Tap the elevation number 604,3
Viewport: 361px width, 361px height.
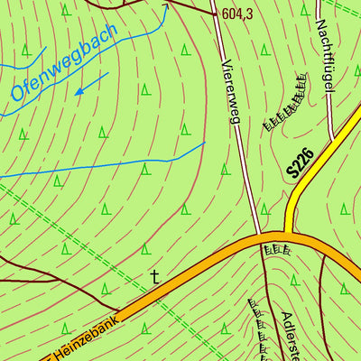(x=236, y=14)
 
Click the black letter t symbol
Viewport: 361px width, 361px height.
(x=154, y=277)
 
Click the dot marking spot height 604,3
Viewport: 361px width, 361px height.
(x=215, y=13)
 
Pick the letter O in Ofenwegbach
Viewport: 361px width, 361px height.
(x=17, y=91)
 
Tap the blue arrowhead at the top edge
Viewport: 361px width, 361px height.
(x=164, y=6)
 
